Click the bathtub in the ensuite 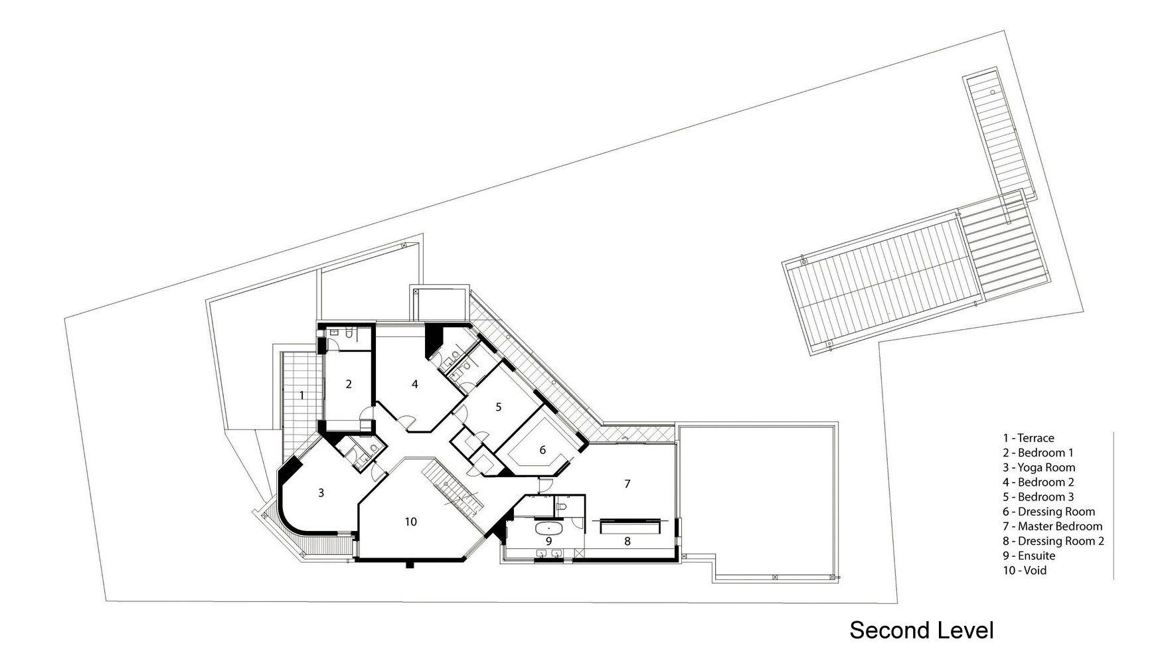pos(549,529)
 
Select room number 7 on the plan pos(627,484)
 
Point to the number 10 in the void pos(411,522)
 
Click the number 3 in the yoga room pos(321,493)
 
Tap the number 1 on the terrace pos(301,396)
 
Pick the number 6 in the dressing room pos(542,450)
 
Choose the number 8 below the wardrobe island pos(627,542)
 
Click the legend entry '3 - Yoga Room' pos(1039,467)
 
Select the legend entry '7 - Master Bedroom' pos(1052,526)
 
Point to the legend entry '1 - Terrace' pos(1029,438)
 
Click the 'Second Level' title pos(922,630)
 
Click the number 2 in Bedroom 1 pos(348,384)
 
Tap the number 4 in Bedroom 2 pos(415,384)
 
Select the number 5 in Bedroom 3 pos(499,408)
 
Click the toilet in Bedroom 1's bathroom pos(334,332)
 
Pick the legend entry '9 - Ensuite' pos(1029,556)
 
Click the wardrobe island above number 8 pos(630,526)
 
